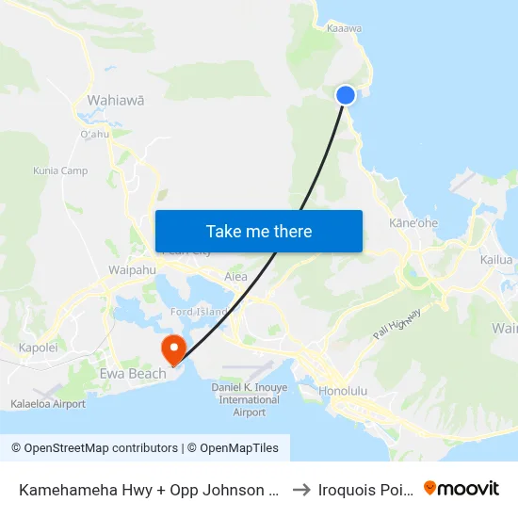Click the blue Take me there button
click(x=259, y=232)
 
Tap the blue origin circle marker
click(x=346, y=94)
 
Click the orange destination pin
click(x=174, y=349)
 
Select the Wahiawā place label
click(x=115, y=99)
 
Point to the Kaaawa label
click(x=344, y=28)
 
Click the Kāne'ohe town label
click(x=413, y=223)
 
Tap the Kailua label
click(x=495, y=260)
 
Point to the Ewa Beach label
click(x=133, y=374)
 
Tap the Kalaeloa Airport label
click(x=48, y=404)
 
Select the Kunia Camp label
click(x=60, y=170)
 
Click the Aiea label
click(x=235, y=277)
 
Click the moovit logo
click(x=461, y=489)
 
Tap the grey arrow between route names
click(x=301, y=490)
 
